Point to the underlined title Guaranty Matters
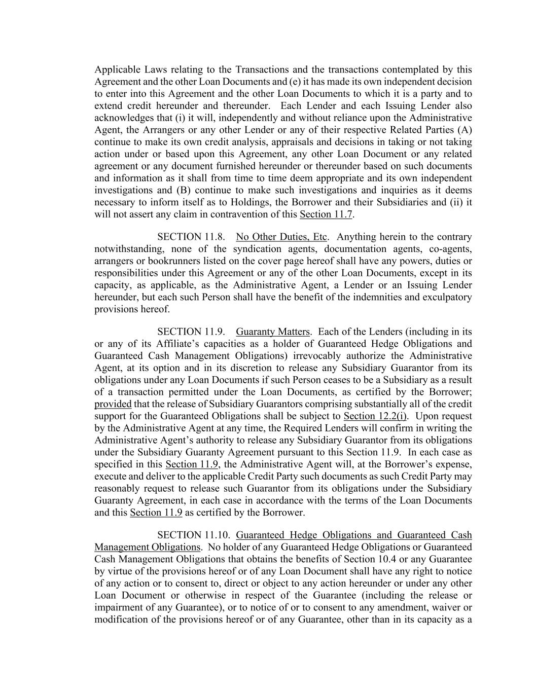[x=272, y=332]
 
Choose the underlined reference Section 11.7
[x=326, y=214]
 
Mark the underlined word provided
[x=113, y=404]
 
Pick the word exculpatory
[x=447, y=297]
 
